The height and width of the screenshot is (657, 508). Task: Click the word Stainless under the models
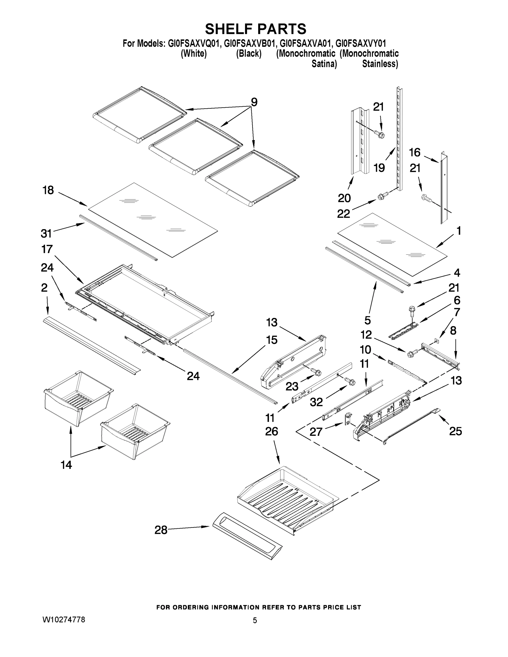[380, 64]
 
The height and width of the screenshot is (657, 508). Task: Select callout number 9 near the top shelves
[254, 102]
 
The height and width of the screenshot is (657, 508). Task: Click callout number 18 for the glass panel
[48, 190]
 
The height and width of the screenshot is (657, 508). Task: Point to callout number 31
[46, 233]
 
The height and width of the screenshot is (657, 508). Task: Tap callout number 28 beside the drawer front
[161, 530]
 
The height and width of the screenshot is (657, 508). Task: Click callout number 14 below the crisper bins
[66, 465]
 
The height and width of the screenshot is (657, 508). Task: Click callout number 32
[316, 402]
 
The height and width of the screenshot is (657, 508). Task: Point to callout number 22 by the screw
[343, 214]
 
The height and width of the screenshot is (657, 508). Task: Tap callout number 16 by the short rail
[414, 152]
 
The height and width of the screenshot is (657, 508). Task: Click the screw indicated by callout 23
[317, 372]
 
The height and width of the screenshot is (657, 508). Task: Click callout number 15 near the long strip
[271, 340]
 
